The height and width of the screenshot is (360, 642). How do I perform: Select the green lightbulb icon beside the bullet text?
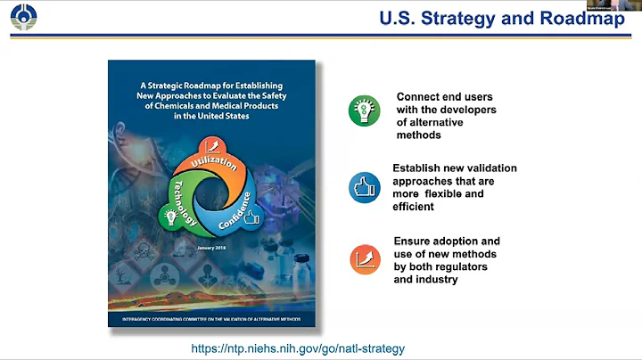coord(364,110)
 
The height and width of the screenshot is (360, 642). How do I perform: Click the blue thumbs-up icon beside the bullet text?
coord(364,187)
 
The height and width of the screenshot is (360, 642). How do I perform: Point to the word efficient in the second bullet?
coord(414,206)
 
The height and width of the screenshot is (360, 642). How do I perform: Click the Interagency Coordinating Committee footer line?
coord(211,318)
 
